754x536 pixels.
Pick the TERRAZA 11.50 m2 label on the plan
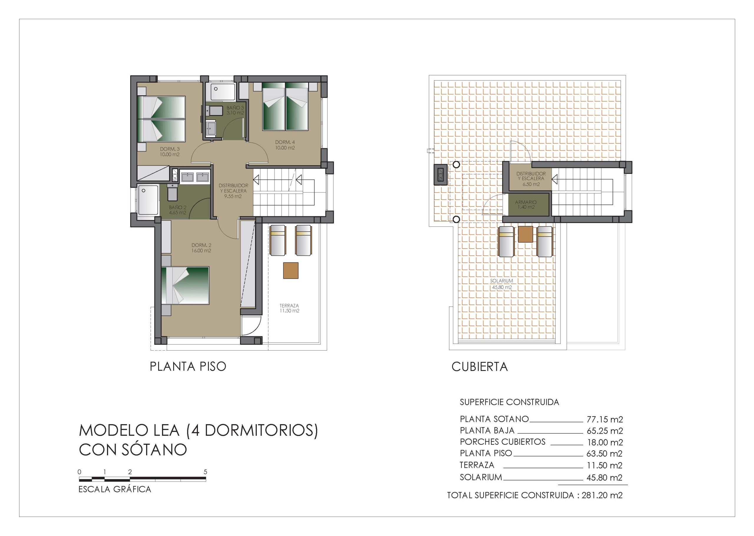point(290,308)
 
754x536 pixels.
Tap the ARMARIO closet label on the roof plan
point(526,205)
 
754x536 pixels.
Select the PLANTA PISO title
point(188,367)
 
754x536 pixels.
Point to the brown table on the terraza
point(291,271)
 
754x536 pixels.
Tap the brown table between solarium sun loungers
point(525,235)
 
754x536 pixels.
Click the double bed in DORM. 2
point(185,285)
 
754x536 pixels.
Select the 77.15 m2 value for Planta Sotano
point(605,420)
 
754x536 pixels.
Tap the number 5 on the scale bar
point(205,472)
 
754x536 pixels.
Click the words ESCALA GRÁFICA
point(115,489)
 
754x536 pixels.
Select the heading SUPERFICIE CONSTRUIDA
point(509,402)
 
